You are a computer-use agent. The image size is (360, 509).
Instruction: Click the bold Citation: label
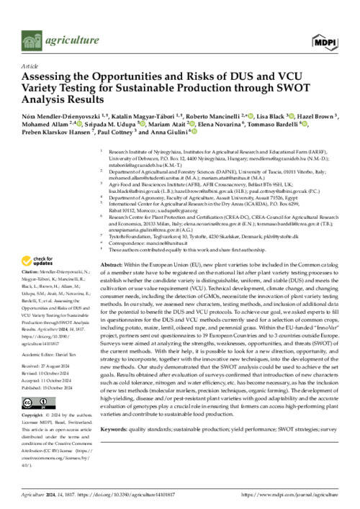click(36, 273)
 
